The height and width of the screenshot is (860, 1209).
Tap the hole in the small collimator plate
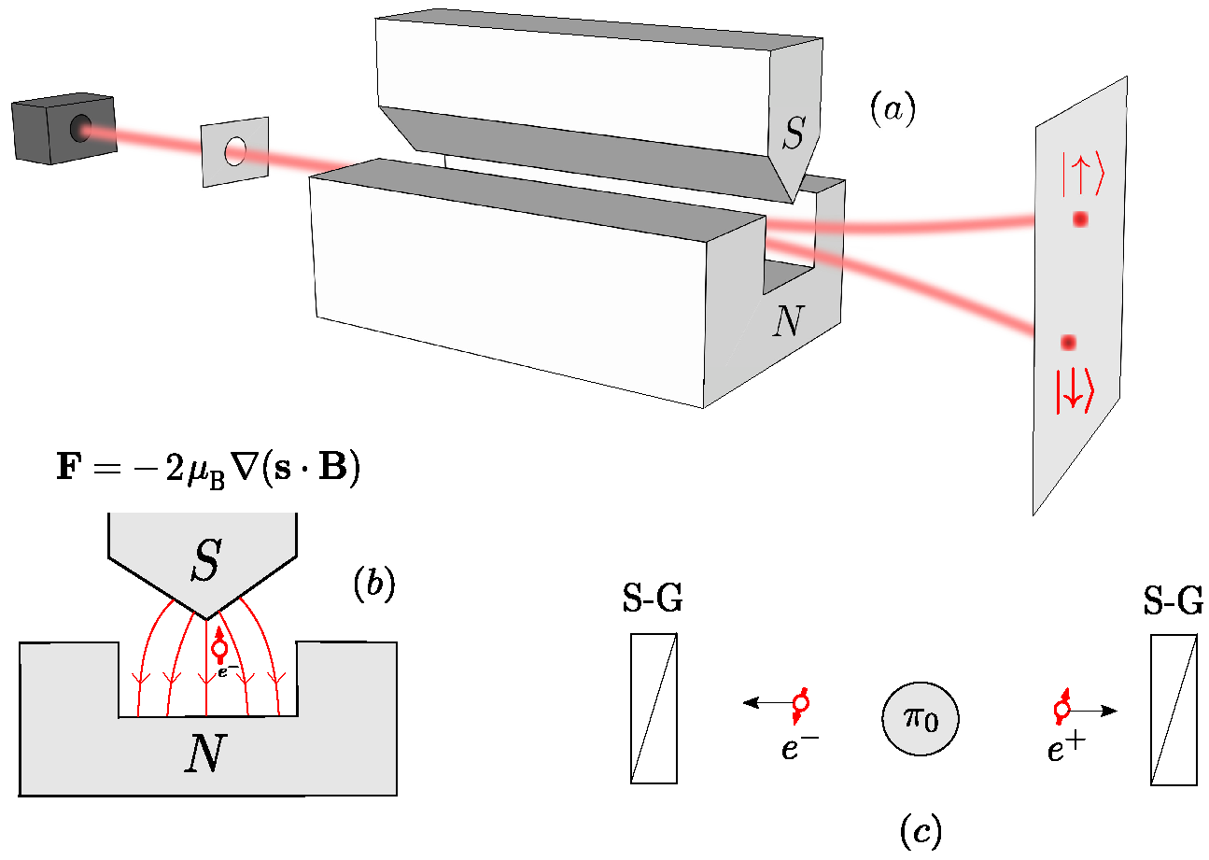pos(235,150)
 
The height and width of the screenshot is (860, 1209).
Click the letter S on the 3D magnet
pos(793,136)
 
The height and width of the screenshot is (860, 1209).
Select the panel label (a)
pos(892,110)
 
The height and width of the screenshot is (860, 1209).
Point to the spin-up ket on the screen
pos(1081,178)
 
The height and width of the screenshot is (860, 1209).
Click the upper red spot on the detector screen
pos(1080,219)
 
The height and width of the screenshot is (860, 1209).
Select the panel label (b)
pos(373,585)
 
